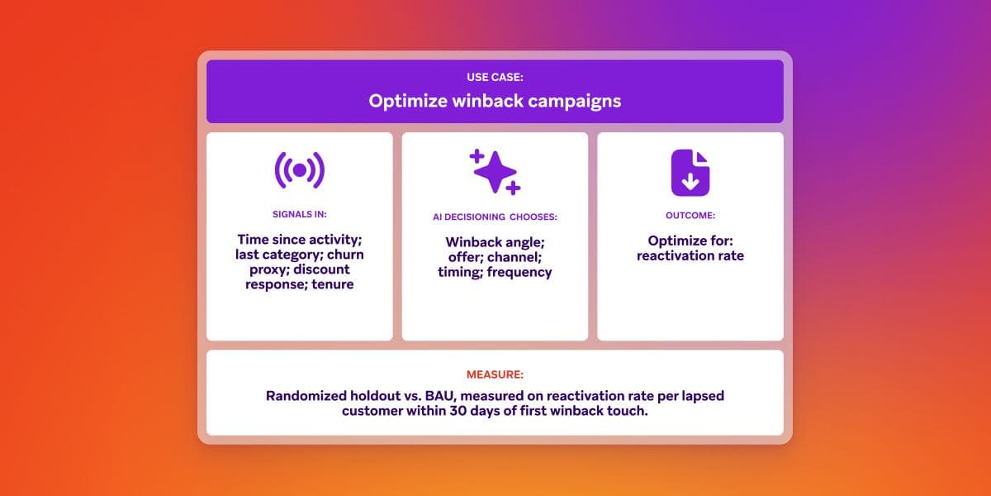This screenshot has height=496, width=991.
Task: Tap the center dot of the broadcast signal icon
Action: point(299,170)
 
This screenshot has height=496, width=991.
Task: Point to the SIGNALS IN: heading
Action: point(299,214)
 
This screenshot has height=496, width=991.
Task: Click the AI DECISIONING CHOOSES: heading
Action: point(495,217)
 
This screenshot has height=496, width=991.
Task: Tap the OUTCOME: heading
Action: point(690,215)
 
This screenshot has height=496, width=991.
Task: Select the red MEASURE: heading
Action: point(495,374)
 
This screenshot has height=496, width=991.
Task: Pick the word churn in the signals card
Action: point(342,254)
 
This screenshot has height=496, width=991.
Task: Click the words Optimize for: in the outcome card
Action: point(690,241)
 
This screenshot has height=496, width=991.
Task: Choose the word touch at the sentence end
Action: point(626,411)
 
